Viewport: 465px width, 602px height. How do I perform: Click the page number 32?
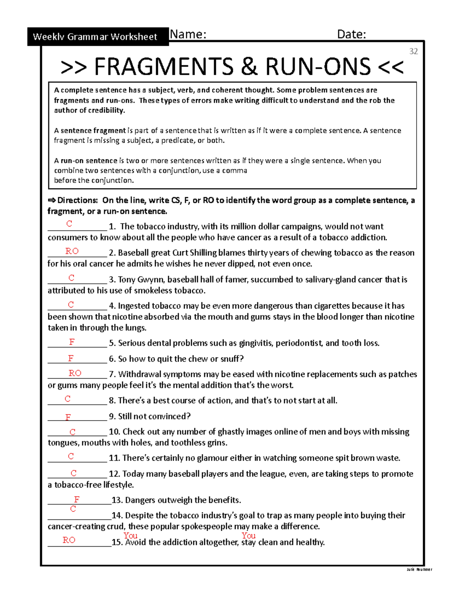point(413,52)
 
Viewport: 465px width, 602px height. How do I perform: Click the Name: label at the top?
point(188,34)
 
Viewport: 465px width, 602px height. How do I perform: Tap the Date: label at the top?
point(351,34)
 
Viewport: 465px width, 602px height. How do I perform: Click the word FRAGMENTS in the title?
point(164,67)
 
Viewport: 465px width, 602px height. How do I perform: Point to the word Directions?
point(77,200)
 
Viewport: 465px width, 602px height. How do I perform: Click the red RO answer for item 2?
point(72,251)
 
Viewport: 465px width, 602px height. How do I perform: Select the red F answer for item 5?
point(72,342)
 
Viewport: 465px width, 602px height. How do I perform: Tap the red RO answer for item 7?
point(75,373)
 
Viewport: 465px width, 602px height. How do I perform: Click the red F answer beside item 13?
point(77,499)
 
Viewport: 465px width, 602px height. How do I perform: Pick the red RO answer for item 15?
point(69,540)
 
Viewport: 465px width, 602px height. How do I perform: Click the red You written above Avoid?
point(130,535)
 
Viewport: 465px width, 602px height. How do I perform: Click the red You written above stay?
point(248,535)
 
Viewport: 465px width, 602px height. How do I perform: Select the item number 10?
point(114,432)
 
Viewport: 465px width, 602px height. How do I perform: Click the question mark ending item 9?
point(189,416)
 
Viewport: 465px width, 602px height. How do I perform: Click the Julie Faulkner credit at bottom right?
point(419,569)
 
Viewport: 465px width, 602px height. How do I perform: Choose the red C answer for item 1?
point(69,224)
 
